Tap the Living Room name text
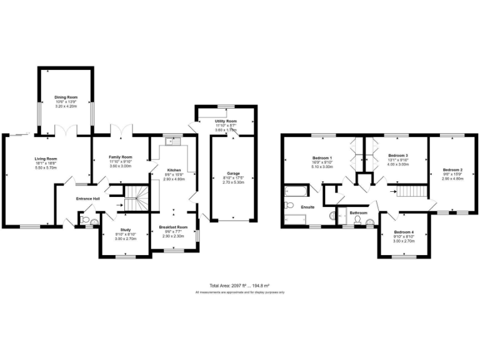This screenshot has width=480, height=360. click(46, 159)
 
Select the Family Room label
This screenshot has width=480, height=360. click(121, 157)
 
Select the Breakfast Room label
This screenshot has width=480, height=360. click(173, 227)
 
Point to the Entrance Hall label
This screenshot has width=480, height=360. click(88, 199)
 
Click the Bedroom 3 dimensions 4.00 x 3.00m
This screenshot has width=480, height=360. click(397, 164)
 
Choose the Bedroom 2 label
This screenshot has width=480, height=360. click(452, 170)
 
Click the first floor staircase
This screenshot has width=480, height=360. click(412, 192)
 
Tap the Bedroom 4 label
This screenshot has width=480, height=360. click(404, 232)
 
